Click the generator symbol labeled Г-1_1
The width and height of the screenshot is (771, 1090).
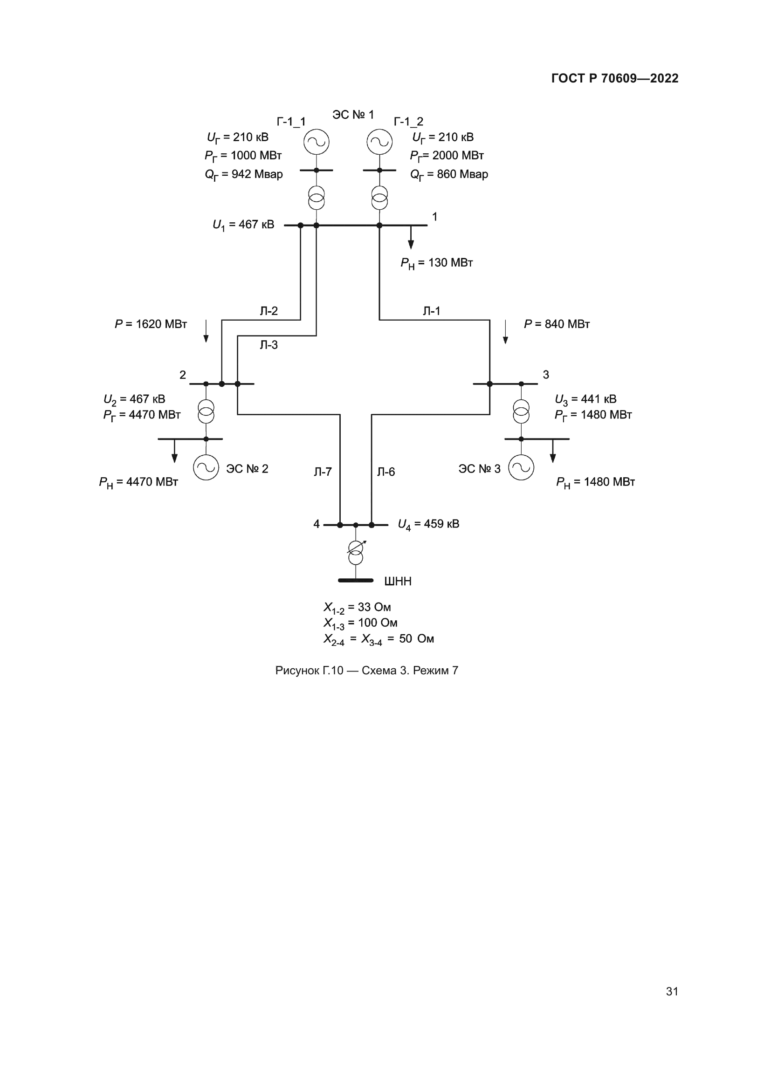(317, 142)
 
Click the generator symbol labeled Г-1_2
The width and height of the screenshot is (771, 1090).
(379, 142)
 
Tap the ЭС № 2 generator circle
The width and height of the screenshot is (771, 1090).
(206, 467)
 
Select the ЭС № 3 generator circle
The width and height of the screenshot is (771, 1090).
(521, 467)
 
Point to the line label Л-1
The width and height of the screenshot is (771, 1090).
(432, 311)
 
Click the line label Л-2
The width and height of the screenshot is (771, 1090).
(268, 311)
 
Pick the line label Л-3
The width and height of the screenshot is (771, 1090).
(268, 345)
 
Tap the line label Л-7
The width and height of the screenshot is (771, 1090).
(323, 472)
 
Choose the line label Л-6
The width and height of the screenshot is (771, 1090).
(386, 472)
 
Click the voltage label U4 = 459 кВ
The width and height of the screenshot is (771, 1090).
(428, 524)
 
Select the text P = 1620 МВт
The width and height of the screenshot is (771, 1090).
(151, 324)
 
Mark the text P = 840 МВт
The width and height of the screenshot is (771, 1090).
(557, 324)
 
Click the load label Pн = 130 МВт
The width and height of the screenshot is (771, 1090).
(436, 263)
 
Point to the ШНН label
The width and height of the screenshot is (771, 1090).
(397, 582)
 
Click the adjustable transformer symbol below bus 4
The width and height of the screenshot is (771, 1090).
(356, 553)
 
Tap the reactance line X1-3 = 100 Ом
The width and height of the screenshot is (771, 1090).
(360, 623)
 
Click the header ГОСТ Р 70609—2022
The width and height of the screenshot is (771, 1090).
(615, 78)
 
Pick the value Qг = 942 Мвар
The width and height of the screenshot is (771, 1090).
(243, 175)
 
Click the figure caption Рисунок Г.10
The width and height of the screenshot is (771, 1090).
(366, 670)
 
